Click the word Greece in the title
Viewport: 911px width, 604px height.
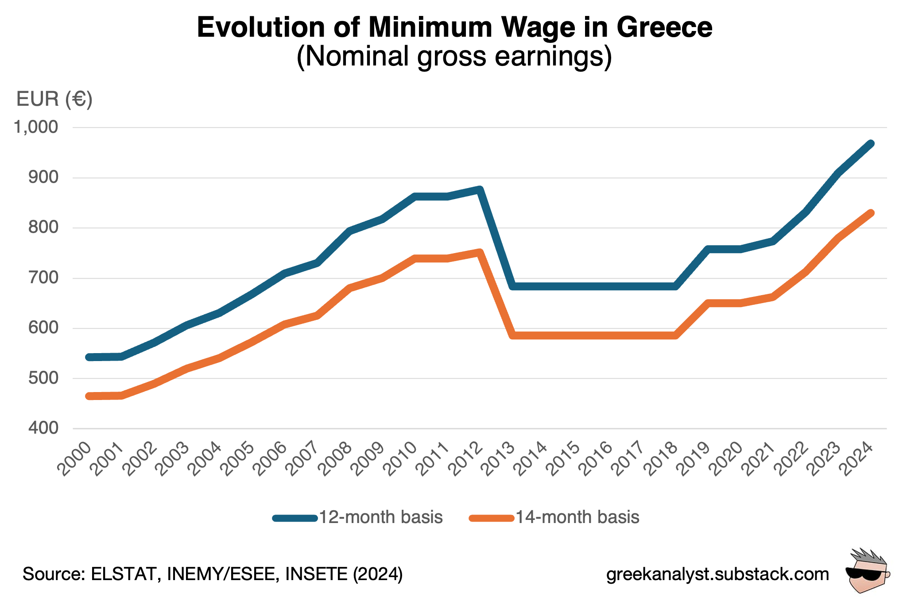[x=664, y=27]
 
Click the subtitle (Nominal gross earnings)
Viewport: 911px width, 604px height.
[x=454, y=57]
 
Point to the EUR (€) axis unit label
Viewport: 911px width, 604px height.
[x=54, y=99]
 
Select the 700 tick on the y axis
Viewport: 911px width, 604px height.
[x=43, y=278]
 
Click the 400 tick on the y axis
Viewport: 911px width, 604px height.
[x=43, y=428]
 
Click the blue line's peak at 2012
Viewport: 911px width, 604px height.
[x=480, y=190]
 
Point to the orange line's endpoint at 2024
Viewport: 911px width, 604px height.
[x=871, y=213]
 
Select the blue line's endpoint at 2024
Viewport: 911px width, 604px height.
[x=871, y=144]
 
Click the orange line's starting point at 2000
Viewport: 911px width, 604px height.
[x=89, y=396]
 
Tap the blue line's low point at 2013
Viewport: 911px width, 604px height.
[x=512, y=286]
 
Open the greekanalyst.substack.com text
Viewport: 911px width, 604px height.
[x=717, y=574]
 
